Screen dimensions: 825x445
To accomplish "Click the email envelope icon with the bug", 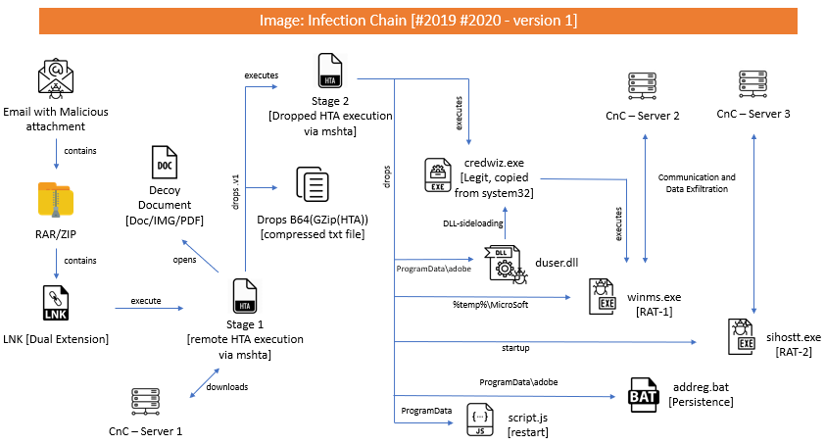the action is (56, 79).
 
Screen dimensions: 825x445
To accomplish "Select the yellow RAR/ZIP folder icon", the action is (56, 200).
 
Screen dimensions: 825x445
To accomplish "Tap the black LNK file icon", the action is (56, 303).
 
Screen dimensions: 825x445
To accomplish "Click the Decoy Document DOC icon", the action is (165, 162).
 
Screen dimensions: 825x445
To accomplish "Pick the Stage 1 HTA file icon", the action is (245, 296).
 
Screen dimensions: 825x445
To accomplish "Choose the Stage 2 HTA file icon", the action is (330, 71).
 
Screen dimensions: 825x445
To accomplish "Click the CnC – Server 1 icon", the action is (145, 402).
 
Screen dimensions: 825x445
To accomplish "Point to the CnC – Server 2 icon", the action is (642, 86).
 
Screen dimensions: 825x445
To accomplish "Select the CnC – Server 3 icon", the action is (752, 84).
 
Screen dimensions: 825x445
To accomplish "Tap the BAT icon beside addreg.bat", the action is (643, 394).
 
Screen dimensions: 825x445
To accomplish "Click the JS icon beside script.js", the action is (480, 420).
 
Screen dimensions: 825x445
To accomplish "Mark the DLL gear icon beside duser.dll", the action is (506, 265).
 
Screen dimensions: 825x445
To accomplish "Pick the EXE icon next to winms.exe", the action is (602, 296).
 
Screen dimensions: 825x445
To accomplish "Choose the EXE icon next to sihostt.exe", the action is (742, 336).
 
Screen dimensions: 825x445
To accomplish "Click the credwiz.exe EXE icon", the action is (438, 174).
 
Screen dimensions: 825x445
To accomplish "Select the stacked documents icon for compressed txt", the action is (313, 184).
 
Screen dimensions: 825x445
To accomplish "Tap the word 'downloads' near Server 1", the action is (226, 387).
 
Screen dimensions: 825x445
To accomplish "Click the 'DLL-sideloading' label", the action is (473, 223).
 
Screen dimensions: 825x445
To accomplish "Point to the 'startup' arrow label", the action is (515, 348).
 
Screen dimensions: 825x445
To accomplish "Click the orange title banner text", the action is (418, 21).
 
